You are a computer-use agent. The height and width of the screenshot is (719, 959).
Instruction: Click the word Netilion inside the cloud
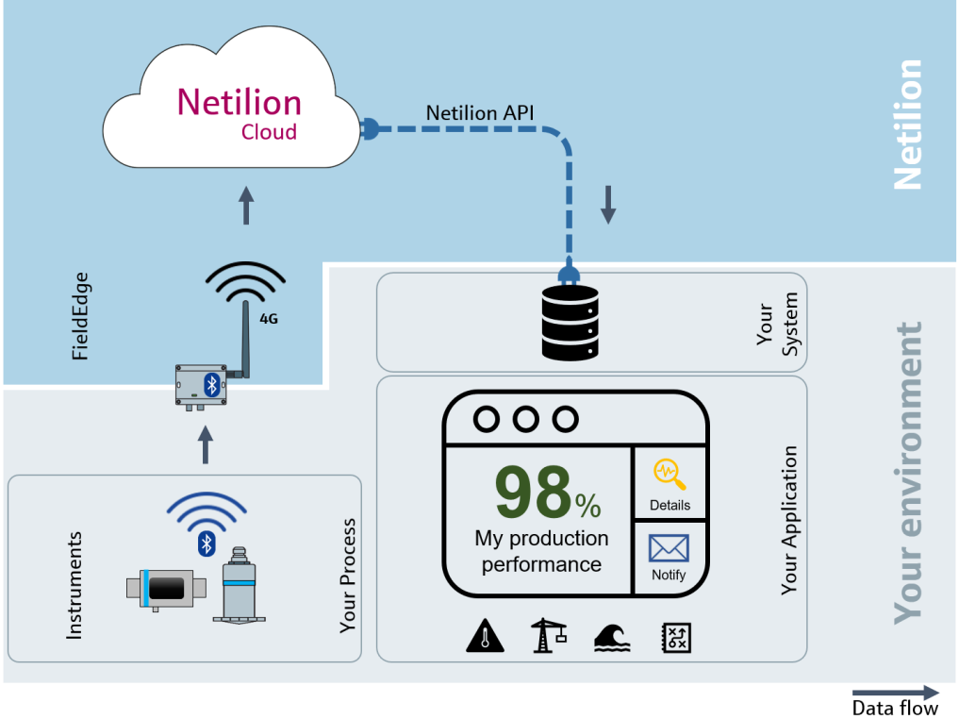click(x=240, y=102)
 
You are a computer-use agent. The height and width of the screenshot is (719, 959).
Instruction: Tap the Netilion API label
click(x=480, y=112)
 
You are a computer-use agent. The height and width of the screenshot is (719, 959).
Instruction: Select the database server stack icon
click(x=570, y=323)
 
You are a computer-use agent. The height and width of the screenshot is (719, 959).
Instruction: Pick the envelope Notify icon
click(x=669, y=548)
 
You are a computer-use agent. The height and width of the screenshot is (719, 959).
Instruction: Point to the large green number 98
click(x=533, y=493)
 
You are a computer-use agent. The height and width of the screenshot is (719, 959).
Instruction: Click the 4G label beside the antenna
click(x=269, y=319)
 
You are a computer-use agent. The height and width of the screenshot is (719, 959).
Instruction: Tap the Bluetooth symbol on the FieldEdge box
click(x=212, y=383)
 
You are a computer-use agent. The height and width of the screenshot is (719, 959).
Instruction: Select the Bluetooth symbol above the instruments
click(x=207, y=543)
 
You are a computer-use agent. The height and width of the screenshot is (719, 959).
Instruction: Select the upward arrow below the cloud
click(x=246, y=206)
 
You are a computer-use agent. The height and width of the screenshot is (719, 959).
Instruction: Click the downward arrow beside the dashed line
click(x=608, y=204)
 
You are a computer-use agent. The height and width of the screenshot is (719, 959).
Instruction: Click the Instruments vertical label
click(x=74, y=585)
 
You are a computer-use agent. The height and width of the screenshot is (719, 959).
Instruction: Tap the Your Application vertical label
click(x=789, y=520)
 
